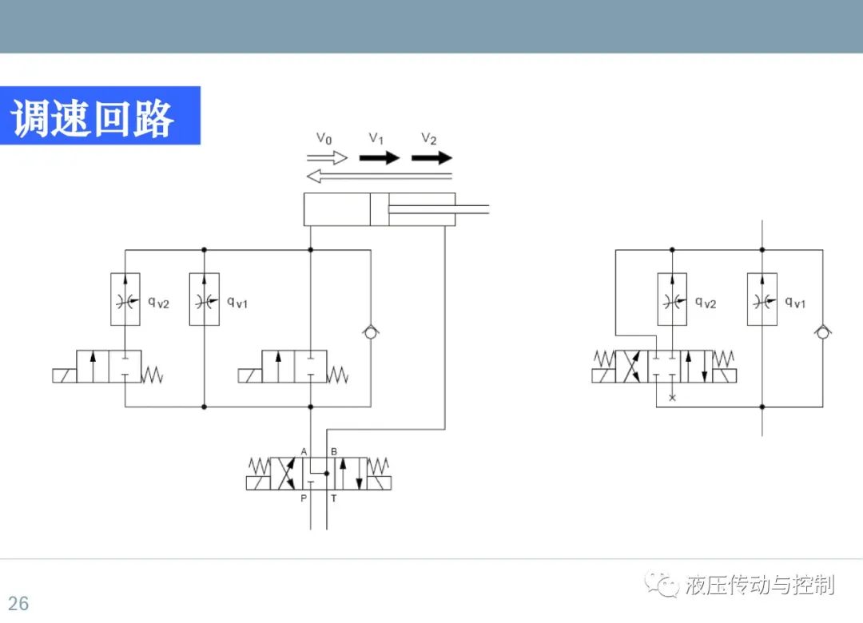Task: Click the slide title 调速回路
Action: [93, 117]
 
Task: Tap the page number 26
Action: [18, 603]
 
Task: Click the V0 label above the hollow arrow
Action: [324, 138]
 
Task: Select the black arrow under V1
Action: [380, 158]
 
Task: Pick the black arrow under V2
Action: [431, 158]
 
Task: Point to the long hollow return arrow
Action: [380, 176]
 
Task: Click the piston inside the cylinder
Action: [380, 209]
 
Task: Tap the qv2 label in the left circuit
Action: [158, 302]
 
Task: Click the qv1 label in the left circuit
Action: [237, 302]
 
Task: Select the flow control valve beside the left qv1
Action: [205, 299]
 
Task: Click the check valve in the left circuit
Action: [371, 331]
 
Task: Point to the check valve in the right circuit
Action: [823, 331]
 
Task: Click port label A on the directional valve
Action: [304, 451]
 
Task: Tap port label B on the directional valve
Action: [333, 451]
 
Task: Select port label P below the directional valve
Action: [304, 498]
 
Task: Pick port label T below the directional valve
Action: [333, 498]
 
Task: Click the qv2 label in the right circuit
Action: [706, 302]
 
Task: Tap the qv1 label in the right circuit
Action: [795, 302]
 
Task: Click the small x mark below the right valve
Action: [672, 397]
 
